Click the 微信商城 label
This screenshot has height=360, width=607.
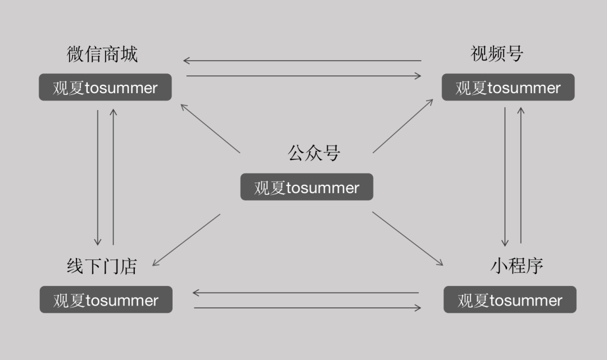tap(102, 54)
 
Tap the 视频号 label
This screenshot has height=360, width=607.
tap(497, 54)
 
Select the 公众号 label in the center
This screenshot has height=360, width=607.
tap(314, 153)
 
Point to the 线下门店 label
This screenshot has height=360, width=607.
tap(102, 266)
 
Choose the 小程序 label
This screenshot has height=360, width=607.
tap(517, 266)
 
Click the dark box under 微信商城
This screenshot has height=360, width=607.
tap(105, 88)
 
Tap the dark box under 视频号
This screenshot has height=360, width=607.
tap(508, 88)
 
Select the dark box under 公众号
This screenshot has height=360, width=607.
tap(307, 187)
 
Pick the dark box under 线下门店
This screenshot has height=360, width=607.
tap(106, 300)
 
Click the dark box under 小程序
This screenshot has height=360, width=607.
tap(510, 300)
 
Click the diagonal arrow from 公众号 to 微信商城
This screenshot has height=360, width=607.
tap(210, 128)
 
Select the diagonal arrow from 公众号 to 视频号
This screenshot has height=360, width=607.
tap(402, 126)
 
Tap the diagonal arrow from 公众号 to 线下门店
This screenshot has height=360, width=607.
tap(187, 239)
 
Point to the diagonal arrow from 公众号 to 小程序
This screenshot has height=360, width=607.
tap(407, 238)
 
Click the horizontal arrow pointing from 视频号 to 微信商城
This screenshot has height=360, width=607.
tap(302, 61)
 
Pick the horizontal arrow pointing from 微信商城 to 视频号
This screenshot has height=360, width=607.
tap(303, 76)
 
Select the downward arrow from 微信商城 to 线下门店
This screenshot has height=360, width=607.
tap(98, 177)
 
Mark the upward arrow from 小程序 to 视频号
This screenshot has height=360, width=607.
tap(521, 175)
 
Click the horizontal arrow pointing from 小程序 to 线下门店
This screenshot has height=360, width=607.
tap(306, 293)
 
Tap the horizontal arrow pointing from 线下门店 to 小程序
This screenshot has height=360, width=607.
tap(307, 308)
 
